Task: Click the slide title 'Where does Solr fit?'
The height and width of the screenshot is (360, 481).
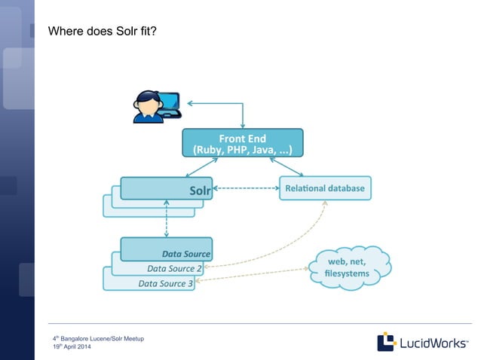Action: click(x=102, y=33)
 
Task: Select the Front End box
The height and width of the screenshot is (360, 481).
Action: click(x=242, y=142)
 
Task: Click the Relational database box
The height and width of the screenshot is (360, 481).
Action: click(x=325, y=188)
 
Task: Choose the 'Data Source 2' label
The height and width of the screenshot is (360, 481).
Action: click(x=174, y=268)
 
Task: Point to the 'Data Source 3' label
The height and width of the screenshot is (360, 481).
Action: click(x=166, y=283)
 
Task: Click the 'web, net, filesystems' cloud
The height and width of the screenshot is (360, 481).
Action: click(x=348, y=267)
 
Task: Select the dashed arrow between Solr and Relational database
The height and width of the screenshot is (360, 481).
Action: click(x=246, y=188)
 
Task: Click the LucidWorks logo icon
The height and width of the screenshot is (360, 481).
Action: click(x=387, y=341)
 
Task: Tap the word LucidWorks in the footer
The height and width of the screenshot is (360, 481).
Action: click(x=430, y=342)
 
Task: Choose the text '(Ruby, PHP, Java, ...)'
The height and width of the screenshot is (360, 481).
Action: click(x=242, y=149)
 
